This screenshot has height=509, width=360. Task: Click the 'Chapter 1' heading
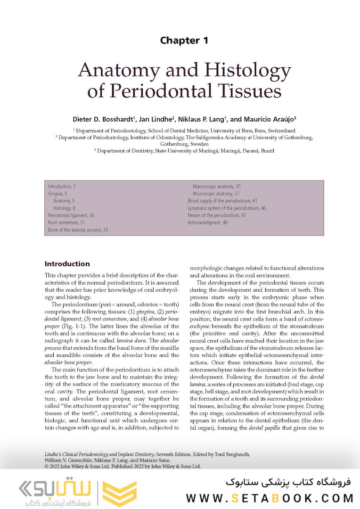point(184,41)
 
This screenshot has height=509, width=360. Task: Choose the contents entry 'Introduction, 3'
point(62,187)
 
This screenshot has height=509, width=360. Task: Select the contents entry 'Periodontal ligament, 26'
point(71,215)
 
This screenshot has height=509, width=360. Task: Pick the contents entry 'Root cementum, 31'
point(65,222)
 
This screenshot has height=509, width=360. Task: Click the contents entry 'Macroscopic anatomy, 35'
point(216,187)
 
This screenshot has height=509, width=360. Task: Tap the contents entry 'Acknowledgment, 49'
point(208,222)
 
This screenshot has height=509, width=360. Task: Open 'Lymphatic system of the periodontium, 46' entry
point(227,208)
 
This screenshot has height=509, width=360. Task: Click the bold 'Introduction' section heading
point(67,264)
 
